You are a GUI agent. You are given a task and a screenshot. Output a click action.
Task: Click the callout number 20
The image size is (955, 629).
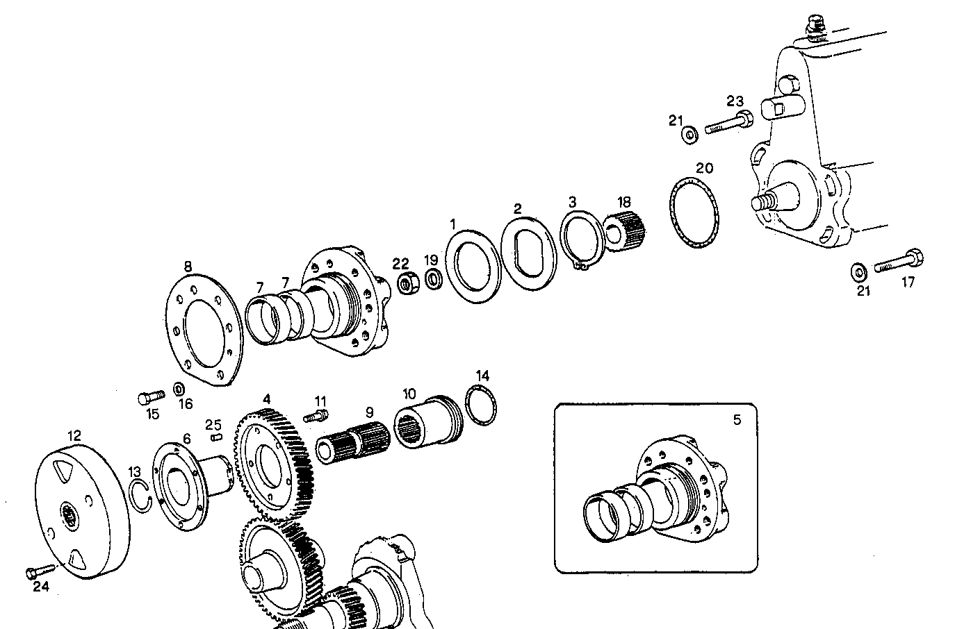(x=704, y=168)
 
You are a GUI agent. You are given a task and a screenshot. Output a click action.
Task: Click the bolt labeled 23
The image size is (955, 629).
(x=726, y=125)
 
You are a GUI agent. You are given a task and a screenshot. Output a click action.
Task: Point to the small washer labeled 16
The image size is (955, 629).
(x=179, y=387)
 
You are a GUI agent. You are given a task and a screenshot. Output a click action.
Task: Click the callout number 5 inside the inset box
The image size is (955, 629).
(x=737, y=419)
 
